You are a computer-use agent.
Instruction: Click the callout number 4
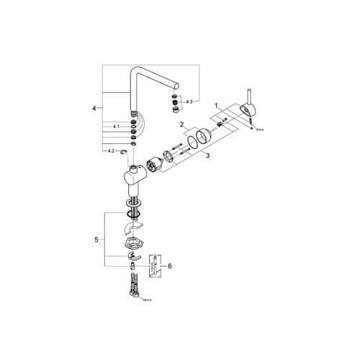[x=94, y=109]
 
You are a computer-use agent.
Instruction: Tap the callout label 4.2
[x=111, y=151]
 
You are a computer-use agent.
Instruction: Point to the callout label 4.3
[x=190, y=102]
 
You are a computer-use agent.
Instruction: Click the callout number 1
[x=215, y=106]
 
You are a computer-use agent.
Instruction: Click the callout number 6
[x=170, y=266]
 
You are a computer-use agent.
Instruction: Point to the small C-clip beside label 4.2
[x=125, y=151]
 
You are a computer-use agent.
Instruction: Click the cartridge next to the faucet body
[x=153, y=164]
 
